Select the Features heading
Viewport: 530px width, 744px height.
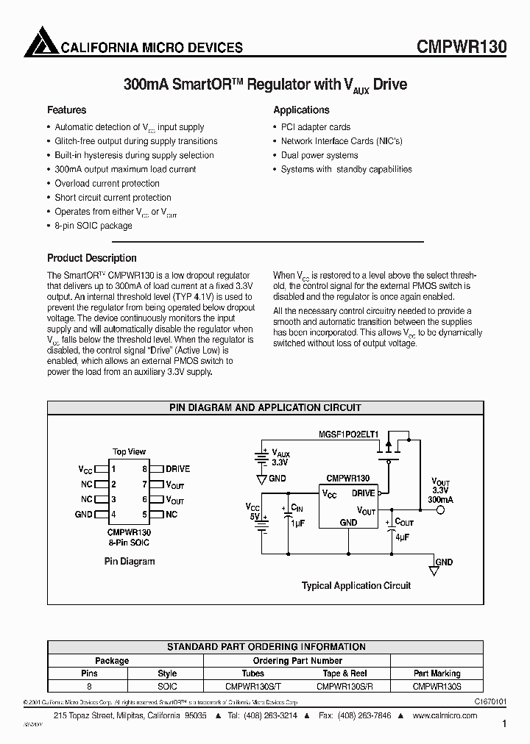tap(67, 110)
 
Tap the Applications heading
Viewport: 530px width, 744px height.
tap(301, 110)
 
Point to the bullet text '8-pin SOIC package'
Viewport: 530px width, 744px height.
tap(93, 226)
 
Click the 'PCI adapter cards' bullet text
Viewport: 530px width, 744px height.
tap(316, 127)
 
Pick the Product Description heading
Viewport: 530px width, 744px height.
tap(92, 258)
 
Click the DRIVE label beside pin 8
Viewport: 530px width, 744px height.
tap(177, 468)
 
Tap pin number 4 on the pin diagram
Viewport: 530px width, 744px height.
tap(113, 515)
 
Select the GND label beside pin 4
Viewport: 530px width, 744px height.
tap(83, 515)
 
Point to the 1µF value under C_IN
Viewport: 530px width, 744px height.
tap(298, 522)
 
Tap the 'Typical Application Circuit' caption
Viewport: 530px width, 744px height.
tap(356, 586)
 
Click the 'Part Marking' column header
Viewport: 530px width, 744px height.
tap(437, 673)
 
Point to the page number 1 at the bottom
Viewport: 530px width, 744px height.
tap(504, 724)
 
